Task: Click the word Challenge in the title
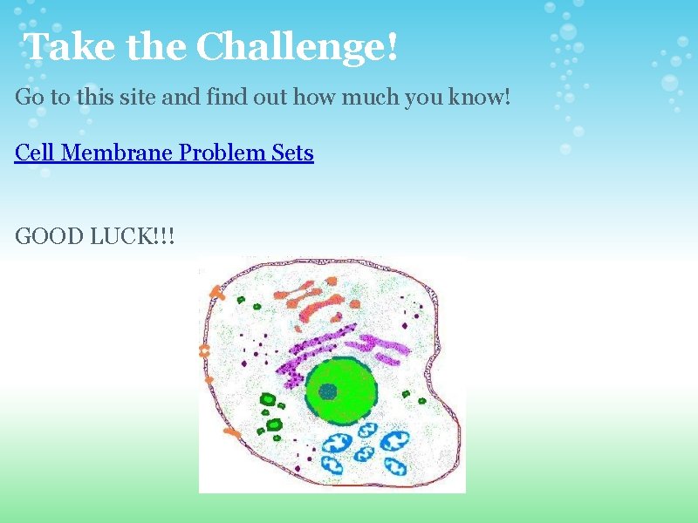[x=297, y=47]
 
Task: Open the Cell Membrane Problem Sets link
[x=164, y=153]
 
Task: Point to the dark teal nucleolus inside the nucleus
[x=327, y=391]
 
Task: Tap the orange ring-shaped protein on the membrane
[x=206, y=351]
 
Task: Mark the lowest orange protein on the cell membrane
[x=231, y=431]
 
